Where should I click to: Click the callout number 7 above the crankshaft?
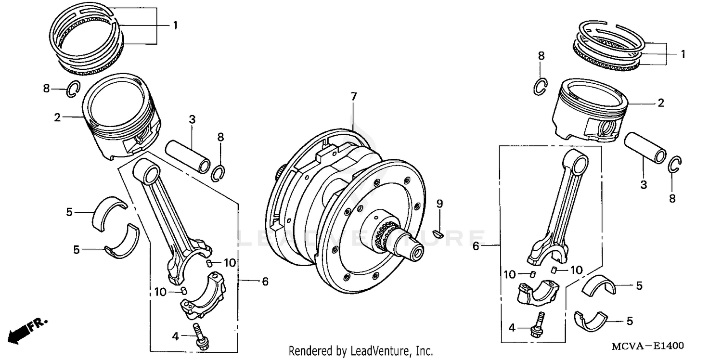[x=354, y=97]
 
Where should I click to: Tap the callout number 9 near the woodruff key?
[x=439, y=204]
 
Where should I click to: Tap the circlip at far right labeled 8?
[x=675, y=165]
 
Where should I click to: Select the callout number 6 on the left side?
[x=265, y=282]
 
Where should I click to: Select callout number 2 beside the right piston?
[x=660, y=103]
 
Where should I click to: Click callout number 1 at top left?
[x=175, y=26]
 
